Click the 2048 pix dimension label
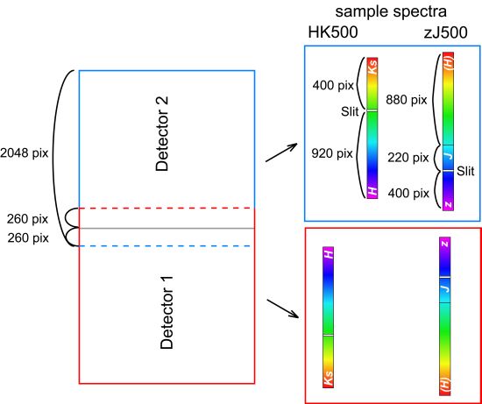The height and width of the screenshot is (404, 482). (x=25, y=152)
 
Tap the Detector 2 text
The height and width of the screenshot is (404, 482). (x=162, y=134)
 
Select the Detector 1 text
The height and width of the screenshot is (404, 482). (x=167, y=312)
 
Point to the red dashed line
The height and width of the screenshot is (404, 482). (x=167, y=209)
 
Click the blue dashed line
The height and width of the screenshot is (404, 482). (x=167, y=246)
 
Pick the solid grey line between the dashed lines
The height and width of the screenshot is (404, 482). (x=167, y=228)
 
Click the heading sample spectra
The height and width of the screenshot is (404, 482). (x=391, y=12)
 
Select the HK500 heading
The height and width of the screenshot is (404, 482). (x=333, y=32)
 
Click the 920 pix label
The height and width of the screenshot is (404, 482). (x=332, y=153)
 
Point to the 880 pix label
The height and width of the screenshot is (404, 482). (x=407, y=100)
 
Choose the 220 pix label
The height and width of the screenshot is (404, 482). (x=408, y=158)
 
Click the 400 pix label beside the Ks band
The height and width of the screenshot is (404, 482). (x=333, y=85)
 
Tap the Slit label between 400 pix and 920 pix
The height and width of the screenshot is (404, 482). (x=350, y=111)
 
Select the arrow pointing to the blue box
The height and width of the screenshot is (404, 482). (x=281, y=152)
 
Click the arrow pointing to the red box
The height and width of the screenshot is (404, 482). (x=283, y=308)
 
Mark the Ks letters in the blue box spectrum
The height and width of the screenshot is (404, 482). (x=372, y=69)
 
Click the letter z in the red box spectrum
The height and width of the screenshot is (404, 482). (x=445, y=245)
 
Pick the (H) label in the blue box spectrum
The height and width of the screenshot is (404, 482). (x=449, y=62)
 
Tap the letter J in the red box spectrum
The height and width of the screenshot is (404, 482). (x=445, y=288)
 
